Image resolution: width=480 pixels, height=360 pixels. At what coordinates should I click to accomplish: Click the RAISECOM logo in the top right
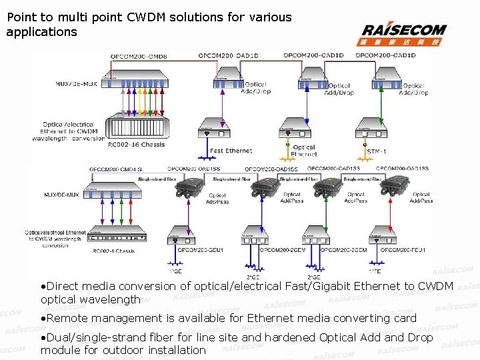click(404, 33)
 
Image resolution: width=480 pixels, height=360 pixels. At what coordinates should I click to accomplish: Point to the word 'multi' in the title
click(89, 17)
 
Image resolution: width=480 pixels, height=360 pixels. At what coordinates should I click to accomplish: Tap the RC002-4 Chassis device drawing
click(120, 236)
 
